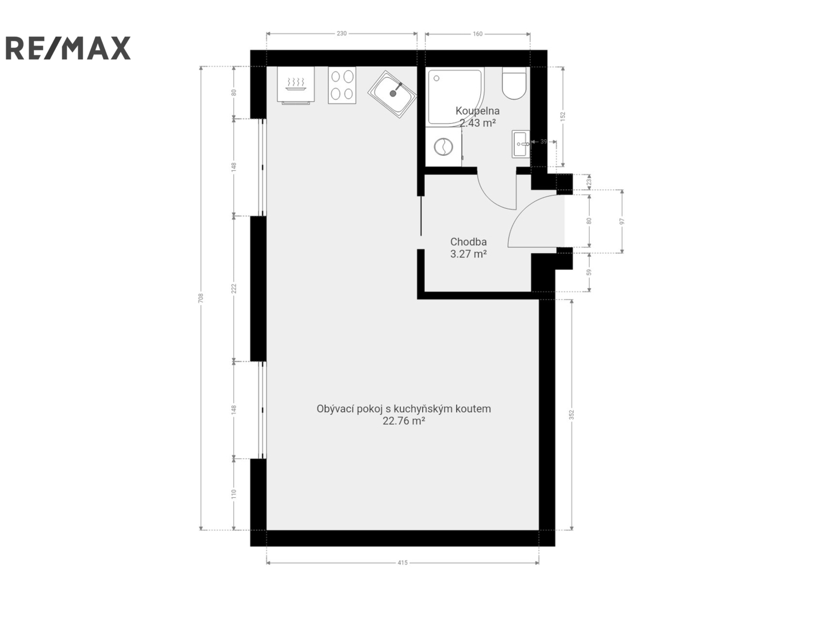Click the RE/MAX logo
(x=68, y=48)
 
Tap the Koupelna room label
(x=477, y=111)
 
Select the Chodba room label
(x=468, y=241)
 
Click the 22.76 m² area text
(x=403, y=421)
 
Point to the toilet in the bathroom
(x=514, y=83)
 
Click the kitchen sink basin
(x=392, y=94)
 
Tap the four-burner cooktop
(x=342, y=85)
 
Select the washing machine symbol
(x=443, y=147)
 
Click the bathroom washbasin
(x=521, y=144)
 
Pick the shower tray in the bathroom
(x=454, y=97)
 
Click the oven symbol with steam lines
(x=296, y=85)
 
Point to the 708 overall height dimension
(x=201, y=298)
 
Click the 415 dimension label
(x=403, y=562)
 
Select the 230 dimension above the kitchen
(x=342, y=33)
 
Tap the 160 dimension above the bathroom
(x=477, y=34)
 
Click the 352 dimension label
(x=572, y=414)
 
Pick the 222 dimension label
(x=233, y=288)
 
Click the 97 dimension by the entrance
(x=622, y=221)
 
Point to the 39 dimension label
(x=543, y=141)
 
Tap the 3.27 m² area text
(x=468, y=254)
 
